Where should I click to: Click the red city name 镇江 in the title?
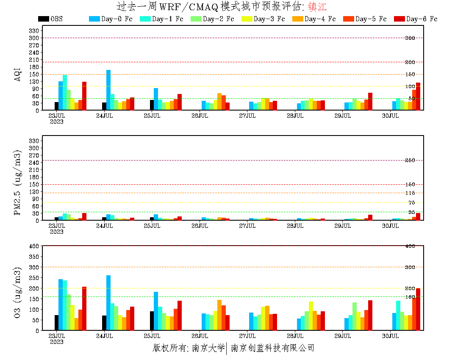click(x=317, y=7)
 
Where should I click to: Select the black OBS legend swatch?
click(x=43, y=19)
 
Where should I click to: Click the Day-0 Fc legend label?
click(x=116, y=19)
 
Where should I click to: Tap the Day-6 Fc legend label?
click(x=422, y=19)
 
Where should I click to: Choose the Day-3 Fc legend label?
click(x=269, y=19)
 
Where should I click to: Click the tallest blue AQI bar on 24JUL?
click(x=108, y=90)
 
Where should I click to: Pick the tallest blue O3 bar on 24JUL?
click(x=108, y=303)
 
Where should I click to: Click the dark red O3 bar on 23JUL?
click(x=84, y=308)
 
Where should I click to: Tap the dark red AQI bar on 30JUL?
click(x=418, y=97)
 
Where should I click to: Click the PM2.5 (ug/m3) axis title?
click(x=18, y=183)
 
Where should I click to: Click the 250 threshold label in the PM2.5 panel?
click(x=410, y=161)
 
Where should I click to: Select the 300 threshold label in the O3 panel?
click(x=410, y=267)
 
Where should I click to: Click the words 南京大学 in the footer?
click(x=208, y=348)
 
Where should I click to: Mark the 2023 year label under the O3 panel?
click(x=57, y=342)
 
